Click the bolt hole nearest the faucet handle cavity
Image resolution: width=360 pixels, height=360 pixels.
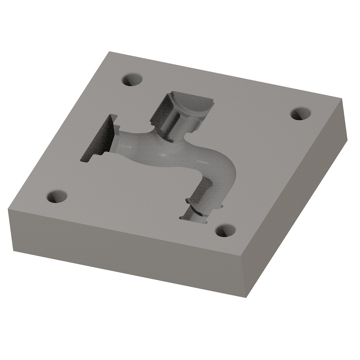click(x=133, y=80)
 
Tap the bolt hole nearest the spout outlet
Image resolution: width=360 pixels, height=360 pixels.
click(x=225, y=231)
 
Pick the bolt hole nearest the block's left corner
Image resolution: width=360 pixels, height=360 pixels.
click(x=57, y=197)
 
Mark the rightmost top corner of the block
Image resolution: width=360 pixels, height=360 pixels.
click(x=343, y=99)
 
